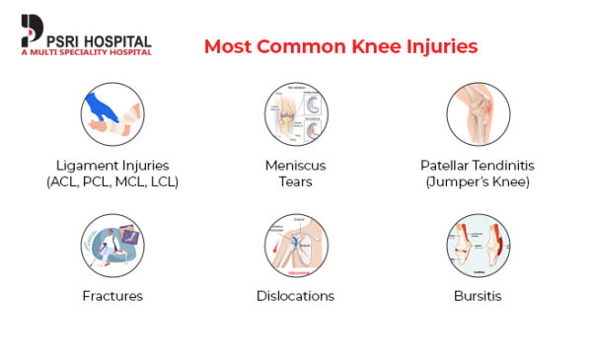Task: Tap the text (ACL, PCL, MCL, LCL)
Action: click(x=112, y=182)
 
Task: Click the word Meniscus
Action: click(x=295, y=165)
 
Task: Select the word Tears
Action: click(x=295, y=182)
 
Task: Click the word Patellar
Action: click(x=445, y=165)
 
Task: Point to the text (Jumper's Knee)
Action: click(x=478, y=182)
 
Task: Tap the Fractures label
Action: click(x=112, y=296)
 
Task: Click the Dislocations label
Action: click(x=295, y=296)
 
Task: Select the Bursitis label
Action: click(x=478, y=296)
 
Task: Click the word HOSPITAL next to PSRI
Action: click(x=115, y=41)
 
